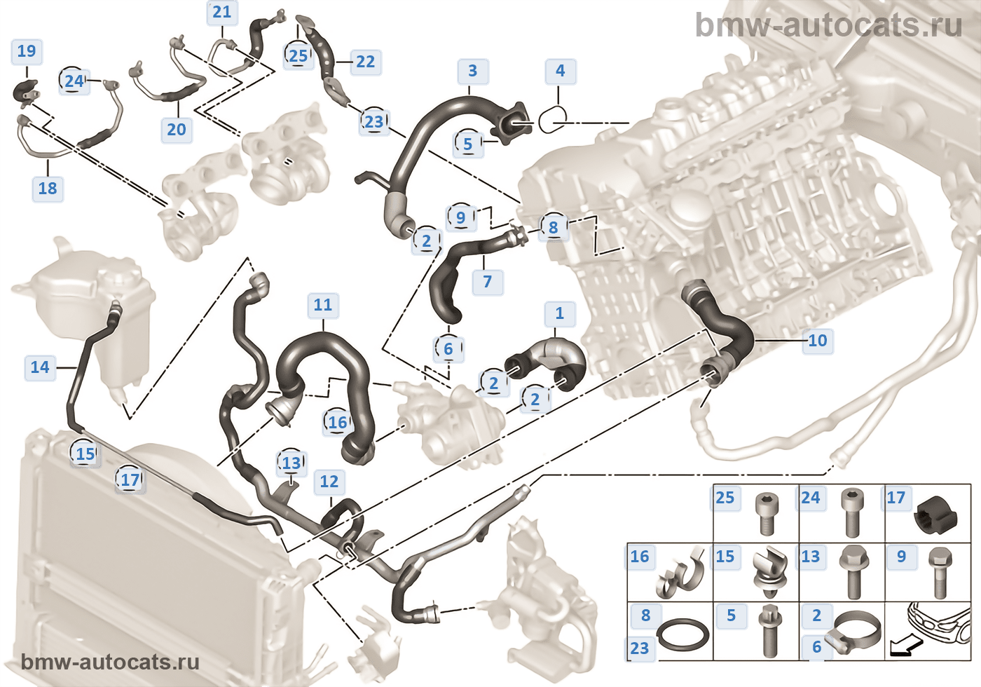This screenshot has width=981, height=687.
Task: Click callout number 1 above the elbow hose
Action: point(559,313)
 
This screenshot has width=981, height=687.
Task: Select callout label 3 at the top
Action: point(472,71)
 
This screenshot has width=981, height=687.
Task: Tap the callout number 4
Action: point(560,71)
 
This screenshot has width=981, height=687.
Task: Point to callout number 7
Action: point(488,282)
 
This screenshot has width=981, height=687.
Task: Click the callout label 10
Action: point(818,341)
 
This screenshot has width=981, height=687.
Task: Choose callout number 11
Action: point(322,305)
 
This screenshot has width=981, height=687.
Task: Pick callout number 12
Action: point(329,482)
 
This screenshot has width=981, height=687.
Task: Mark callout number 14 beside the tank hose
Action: point(40,367)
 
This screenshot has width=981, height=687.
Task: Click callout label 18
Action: point(48,188)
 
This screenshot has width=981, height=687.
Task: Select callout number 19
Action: point(27,51)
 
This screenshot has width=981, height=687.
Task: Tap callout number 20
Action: point(177,129)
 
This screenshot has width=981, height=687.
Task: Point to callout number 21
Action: point(221,12)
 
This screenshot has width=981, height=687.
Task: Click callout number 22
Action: point(365,62)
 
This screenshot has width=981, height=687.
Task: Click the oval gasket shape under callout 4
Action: point(553,121)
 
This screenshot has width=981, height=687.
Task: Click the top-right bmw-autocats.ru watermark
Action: point(828,26)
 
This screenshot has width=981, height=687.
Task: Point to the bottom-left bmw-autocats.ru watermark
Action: point(110,662)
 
